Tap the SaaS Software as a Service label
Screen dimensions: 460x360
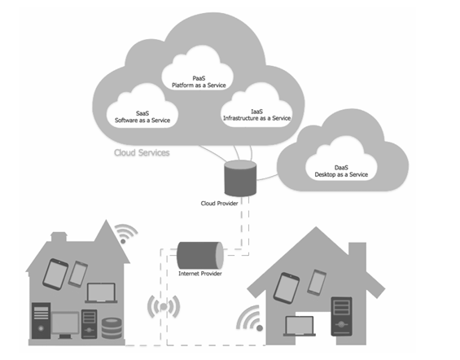click(x=142, y=116)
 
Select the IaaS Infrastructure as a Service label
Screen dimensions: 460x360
click(x=256, y=115)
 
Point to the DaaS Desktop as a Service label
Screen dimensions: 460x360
click(x=341, y=171)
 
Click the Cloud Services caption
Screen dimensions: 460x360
click(x=142, y=152)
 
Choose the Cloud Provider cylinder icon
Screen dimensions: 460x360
click(x=240, y=178)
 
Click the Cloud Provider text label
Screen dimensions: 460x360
click(x=219, y=204)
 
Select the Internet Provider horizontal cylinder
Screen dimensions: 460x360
click(x=200, y=255)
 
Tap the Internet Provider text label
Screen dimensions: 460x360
click(x=200, y=274)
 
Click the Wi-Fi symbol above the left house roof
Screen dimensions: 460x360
click(x=125, y=234)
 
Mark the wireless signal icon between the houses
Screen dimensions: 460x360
click(x=164, y=307)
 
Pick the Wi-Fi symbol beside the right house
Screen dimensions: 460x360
click(x=250, y=318)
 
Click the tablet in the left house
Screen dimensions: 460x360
click(x=55, y=274)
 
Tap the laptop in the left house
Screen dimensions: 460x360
click(x=101, y=293)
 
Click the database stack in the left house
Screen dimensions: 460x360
click(x=112, y=328)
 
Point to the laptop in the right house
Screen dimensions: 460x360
click(x=300, y=326)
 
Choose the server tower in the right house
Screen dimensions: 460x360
click(x=341, y=316)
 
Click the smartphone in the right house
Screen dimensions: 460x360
click(x=317, y=283)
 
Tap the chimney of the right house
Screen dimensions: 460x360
click(x=357, y=253)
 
